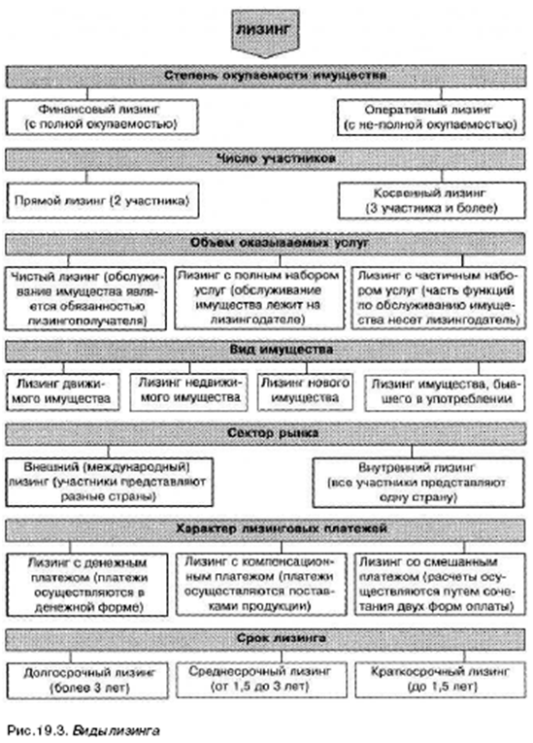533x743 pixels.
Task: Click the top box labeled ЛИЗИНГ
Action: point(265,32)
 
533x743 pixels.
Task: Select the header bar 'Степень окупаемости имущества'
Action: point(266,76)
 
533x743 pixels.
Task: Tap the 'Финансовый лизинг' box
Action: point(102,117)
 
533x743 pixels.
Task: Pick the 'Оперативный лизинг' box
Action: point(431,118)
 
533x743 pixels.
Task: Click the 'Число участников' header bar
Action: point(265,158)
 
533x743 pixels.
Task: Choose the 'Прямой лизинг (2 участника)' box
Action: point(103,200)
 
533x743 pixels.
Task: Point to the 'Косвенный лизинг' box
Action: point(432,200)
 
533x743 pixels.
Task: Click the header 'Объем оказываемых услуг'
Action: point(265,244)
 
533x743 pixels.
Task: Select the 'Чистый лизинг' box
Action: point(85,298)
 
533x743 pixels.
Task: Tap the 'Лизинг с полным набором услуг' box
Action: point(259,297)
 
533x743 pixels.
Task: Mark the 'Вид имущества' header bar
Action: point(265,351)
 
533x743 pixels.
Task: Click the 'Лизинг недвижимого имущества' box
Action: point(190,391)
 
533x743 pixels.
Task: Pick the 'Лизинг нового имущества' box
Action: point(306,391)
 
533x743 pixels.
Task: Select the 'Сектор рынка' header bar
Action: point(266,433)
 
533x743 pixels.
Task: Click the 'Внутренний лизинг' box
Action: point(418,483)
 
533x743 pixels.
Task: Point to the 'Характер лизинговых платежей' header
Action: point(265,529)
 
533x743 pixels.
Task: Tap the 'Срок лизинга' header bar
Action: point(265,639)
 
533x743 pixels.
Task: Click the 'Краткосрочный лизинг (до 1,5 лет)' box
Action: point(441,680)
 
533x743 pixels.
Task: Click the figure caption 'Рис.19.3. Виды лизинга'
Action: point(83,730)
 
